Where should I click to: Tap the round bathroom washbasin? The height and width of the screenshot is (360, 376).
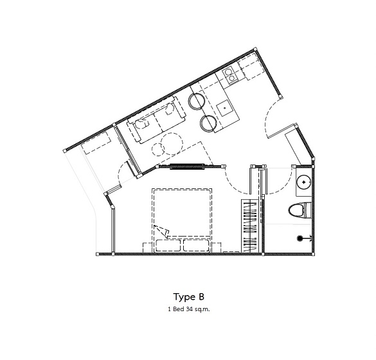click(304, 183)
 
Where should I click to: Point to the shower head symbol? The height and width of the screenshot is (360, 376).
click(300, 239)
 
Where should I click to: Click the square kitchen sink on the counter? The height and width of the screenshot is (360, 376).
click(224, 108)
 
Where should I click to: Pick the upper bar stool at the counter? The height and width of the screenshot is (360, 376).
click(197, 101)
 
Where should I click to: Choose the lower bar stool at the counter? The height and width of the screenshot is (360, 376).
click(209, 122)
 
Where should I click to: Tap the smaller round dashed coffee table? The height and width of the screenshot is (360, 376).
click(157, 150)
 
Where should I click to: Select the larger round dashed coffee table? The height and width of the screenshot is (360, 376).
click(172, 144)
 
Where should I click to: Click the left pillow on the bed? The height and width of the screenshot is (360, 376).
click(168, 245)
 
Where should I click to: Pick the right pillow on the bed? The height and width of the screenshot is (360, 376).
click(197, 245)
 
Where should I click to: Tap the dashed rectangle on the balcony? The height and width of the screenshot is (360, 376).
click(97, 143)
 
